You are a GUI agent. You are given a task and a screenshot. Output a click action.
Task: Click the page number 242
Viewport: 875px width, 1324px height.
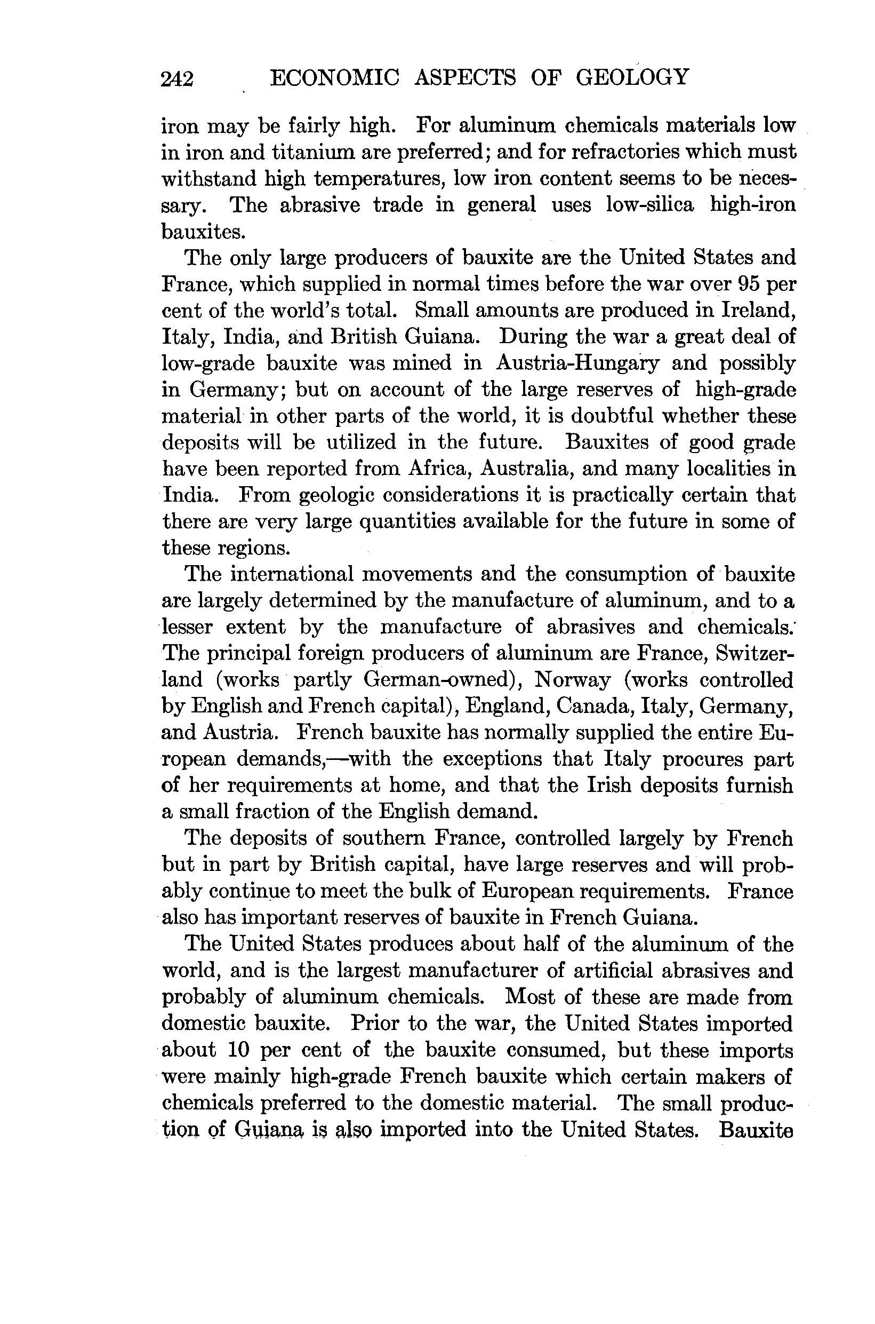(177, 79)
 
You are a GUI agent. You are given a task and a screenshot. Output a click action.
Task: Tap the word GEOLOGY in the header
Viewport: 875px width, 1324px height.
(632, 76)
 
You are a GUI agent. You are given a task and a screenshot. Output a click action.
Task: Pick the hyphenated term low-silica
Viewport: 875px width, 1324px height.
(649, 205)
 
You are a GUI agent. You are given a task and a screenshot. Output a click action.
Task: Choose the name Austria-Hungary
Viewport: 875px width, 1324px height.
(577, 363)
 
